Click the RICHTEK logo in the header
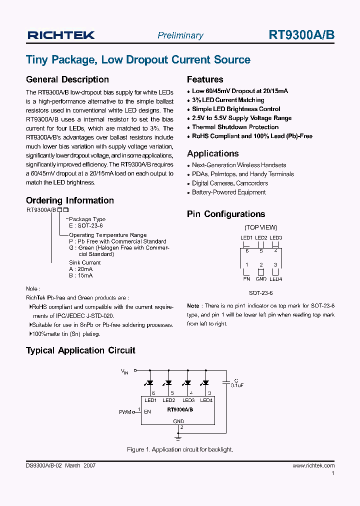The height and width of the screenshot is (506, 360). (x=60, y=34)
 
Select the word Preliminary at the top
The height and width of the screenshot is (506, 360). (x=180, y=35)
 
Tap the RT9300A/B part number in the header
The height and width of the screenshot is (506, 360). (x=301, y=34)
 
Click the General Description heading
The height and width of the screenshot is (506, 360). (x=67, y=79)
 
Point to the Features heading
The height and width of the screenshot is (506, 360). (x=205, y=79)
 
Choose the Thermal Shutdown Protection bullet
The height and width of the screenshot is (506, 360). (x=235, y=127)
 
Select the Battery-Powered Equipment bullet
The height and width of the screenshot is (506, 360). (x=229, y=192)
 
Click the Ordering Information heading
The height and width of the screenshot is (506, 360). (x=70, y=200)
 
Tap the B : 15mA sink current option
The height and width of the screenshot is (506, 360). (x=80, y=275)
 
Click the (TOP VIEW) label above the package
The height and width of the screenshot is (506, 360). (x=261, y=227)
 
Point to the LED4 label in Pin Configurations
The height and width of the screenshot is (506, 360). (x=275, y=279)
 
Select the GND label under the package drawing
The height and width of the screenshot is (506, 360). (x=261, y=279)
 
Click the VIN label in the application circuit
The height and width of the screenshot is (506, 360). (x=124, y=371)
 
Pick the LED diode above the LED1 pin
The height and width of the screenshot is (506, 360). (x=149, y=382)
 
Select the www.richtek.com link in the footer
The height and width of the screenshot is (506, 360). (x=313, y=465)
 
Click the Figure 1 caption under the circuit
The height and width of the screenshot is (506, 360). (x=180, y=449)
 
